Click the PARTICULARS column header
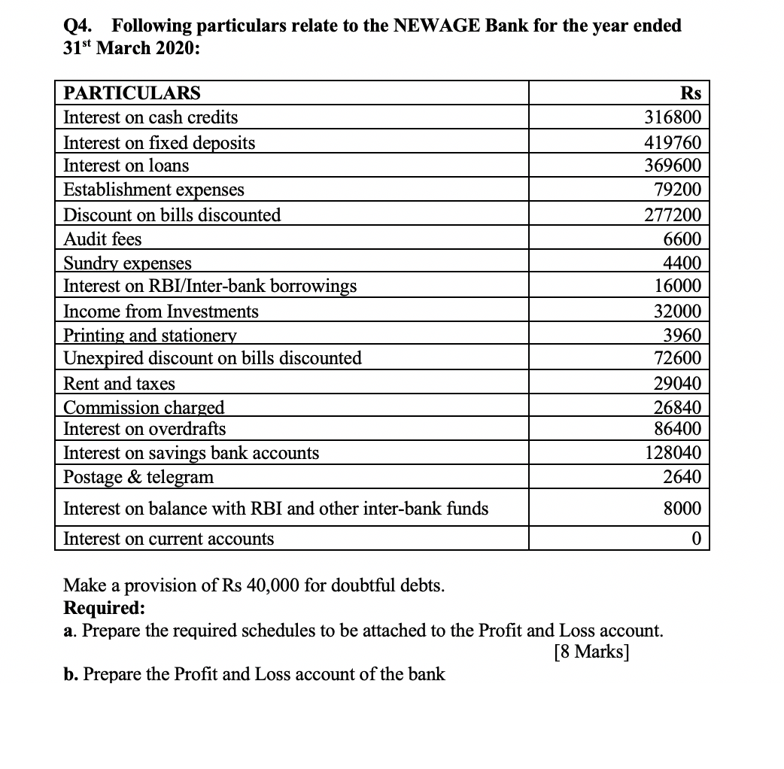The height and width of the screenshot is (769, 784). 132,93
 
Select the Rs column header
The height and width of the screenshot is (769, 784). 690,93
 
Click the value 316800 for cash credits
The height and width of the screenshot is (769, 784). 673,117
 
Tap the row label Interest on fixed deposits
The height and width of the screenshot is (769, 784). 160,143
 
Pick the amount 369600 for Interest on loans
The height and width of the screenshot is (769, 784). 673,166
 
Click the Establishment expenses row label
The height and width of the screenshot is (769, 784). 154,190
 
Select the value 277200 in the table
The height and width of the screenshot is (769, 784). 673,215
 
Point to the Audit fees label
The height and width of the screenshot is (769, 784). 103,239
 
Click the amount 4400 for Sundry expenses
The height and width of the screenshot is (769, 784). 682,263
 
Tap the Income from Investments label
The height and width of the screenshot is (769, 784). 161,312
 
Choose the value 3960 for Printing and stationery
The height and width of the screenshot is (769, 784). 682,336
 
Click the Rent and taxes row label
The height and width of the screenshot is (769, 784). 120,384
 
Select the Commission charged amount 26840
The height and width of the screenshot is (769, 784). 677,408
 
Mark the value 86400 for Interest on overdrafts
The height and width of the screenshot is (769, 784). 677,429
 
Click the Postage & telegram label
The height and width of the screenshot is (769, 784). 139,477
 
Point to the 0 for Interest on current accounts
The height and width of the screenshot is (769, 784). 696,539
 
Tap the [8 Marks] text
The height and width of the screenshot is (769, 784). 591,651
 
